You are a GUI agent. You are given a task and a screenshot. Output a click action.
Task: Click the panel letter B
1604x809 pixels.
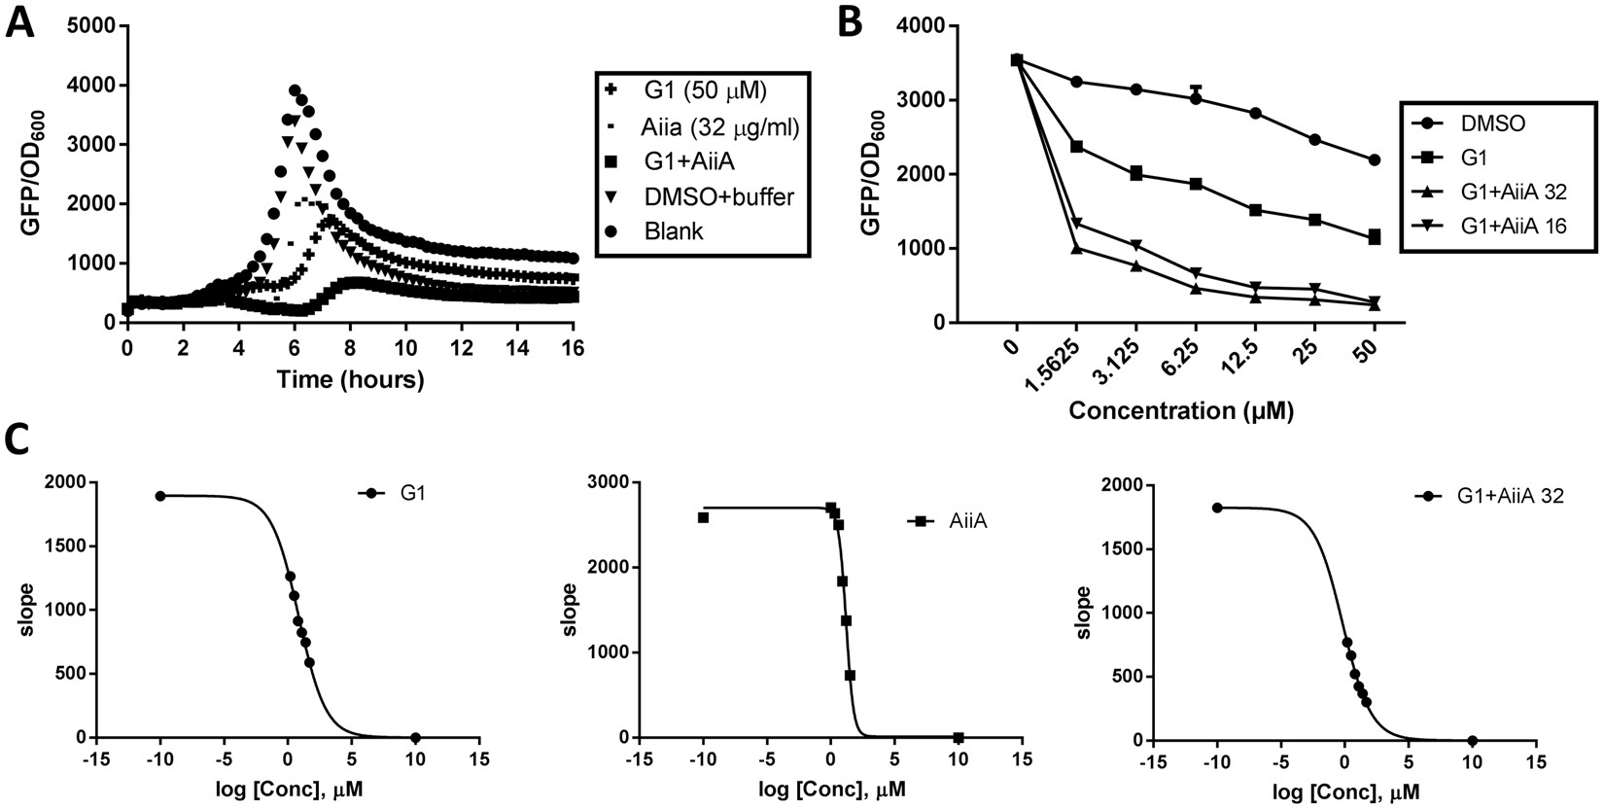click(850, 22)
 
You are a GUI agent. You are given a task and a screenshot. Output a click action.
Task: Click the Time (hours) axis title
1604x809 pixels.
click(350, 380)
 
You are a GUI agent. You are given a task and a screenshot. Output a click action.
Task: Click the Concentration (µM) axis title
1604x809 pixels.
click(1181, 411)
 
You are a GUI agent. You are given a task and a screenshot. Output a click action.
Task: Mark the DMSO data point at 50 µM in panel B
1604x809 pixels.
click(1374, 159)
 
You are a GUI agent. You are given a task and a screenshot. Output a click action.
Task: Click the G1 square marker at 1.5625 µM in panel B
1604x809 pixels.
click(1076, 146)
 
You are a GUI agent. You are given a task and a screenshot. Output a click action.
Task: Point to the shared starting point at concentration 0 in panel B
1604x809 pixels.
click(1017, 60)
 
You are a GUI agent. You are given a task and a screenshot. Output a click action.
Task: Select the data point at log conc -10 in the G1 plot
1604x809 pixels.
click(160, 496)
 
